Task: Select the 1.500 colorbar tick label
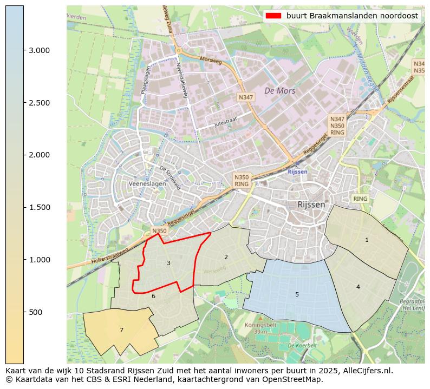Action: (39, 207)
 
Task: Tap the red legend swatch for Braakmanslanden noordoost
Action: (273, 16)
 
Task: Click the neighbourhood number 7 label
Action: (121, 330)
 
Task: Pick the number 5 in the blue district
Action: (297, 294)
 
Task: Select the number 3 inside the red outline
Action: (168, 263)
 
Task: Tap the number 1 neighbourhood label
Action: (367, 240)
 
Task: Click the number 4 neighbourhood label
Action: (358, 287)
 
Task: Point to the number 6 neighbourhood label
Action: (153, 296)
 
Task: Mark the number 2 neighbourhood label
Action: (226, 257)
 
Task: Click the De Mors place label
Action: (279, 90)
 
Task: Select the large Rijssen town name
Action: (311, 205)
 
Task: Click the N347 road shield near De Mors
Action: (245, 97)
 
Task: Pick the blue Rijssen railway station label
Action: (297, 172)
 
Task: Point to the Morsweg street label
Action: (211, 59)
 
